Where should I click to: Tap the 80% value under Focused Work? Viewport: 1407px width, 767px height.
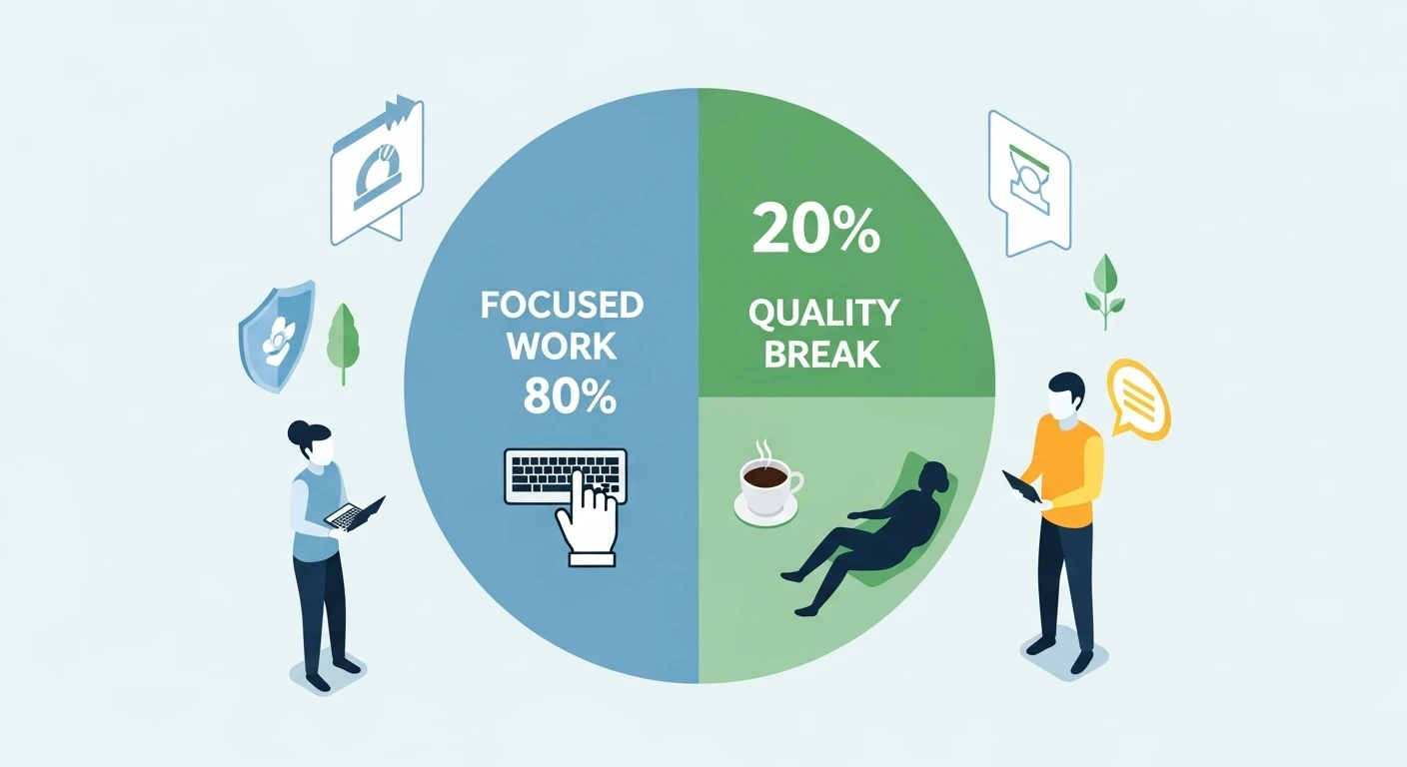[569, 396]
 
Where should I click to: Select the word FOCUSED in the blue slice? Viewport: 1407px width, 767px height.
[563, 306]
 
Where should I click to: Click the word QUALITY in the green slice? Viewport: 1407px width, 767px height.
[824, 312]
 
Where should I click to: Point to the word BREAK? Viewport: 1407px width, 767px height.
[821, 355]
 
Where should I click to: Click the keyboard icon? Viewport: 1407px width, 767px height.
[566, 475]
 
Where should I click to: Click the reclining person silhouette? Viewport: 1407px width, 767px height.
[870, 536]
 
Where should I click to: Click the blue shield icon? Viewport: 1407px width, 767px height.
[277, 336]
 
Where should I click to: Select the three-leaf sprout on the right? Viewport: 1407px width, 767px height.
[1105, 291]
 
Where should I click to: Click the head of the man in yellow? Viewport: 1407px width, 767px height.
[1064, 397]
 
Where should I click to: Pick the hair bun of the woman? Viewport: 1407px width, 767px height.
[297, 432]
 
